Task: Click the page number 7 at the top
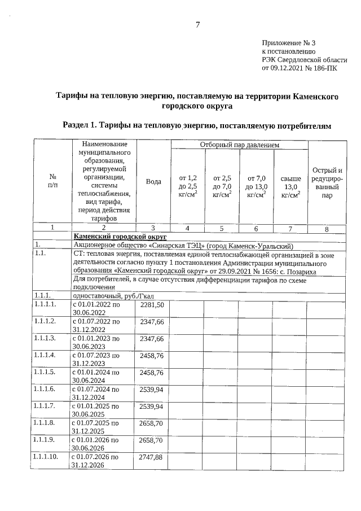(x=197, y=24)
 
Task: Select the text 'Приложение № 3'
(x=289, y=43)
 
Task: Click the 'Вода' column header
(x=153, y=182)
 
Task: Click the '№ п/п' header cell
(x=52, y=181)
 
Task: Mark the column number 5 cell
(x=221, y=228)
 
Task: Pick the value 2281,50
(x=152, y=305)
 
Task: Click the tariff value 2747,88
(x=152, y=457)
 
